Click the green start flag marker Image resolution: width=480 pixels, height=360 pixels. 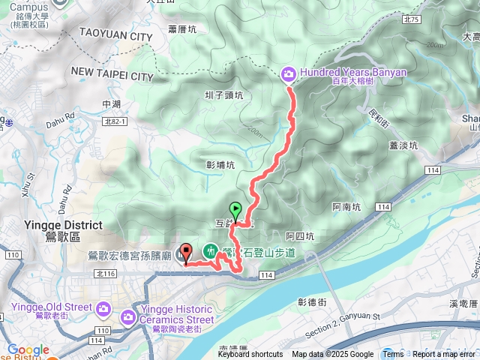236,211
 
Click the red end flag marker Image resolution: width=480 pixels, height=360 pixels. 186,253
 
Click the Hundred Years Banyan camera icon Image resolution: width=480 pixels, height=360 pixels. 288,73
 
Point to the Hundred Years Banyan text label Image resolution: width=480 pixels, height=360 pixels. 352,73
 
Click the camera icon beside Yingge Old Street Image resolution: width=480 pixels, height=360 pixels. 103,307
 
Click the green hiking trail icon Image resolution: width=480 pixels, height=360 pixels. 211,250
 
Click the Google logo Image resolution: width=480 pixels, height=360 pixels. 28,349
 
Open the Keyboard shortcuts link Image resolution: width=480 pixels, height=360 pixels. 250,355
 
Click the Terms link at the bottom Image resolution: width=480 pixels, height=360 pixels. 393,355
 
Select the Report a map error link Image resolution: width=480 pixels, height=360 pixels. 445,355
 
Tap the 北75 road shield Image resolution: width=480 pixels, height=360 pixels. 410,19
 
